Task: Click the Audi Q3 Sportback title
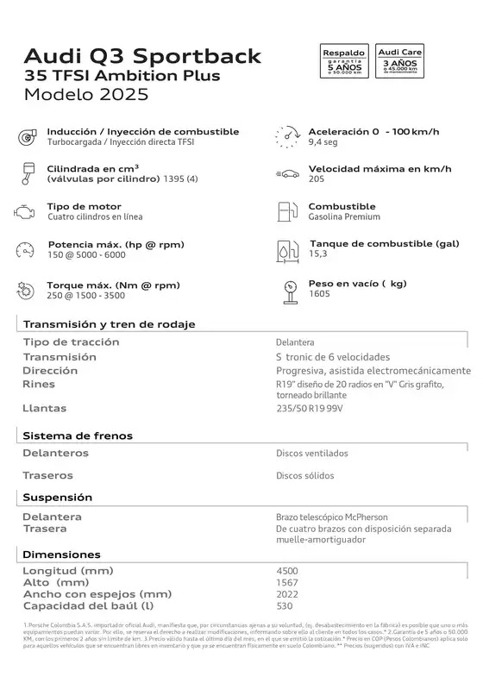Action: (142, 57)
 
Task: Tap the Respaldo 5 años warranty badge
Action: (344, 63)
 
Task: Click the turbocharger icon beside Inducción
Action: (26, 136)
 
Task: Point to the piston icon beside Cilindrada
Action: (25, 173)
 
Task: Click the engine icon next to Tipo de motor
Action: (23, 211)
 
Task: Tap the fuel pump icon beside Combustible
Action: (286, 211)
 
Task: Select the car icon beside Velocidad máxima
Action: (287, 173)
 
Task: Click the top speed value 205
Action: (317, 179)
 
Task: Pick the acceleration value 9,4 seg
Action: (323, 142)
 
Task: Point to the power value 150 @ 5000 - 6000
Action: (87, 254)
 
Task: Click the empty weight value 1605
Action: (319, 294)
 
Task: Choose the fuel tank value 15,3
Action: (318, 254)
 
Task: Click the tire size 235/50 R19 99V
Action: (309, 409)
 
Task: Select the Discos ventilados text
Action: (312, 453)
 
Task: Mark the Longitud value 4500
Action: (287, 571)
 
